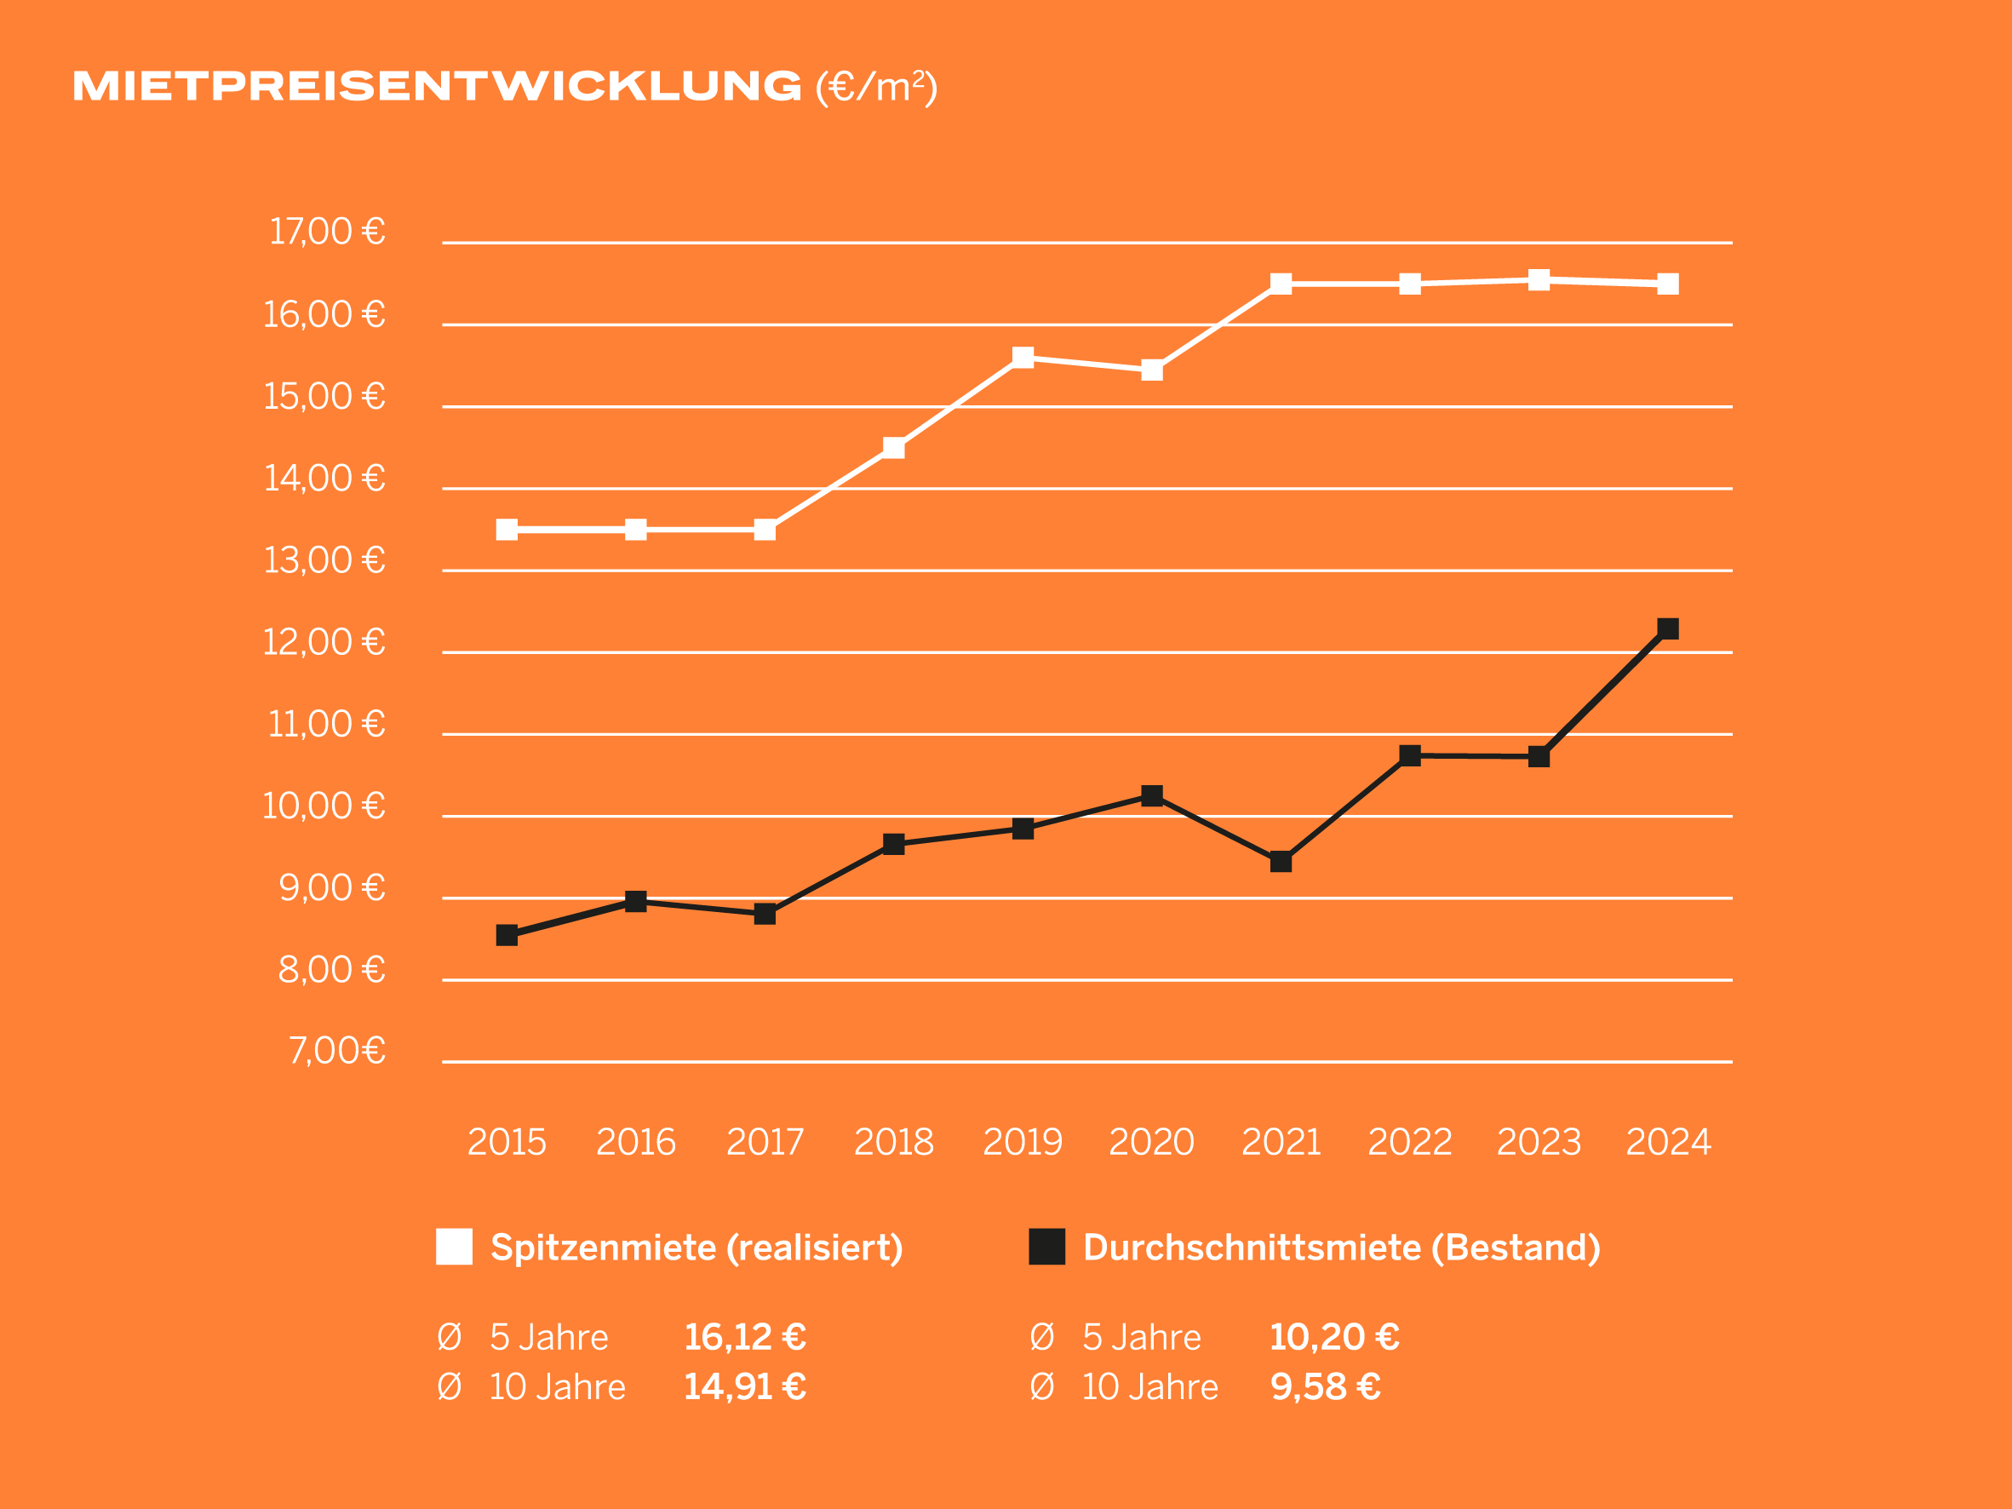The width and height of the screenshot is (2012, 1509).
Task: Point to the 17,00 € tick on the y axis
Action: tap(327, 232)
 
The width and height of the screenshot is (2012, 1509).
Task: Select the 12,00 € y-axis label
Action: tap(324, 642)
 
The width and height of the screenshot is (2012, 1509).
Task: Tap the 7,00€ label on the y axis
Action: tap(336, 1051)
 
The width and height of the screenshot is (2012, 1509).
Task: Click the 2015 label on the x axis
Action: tap(507, 1143)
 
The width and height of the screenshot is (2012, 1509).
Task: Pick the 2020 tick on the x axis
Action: tap(1151, 1143)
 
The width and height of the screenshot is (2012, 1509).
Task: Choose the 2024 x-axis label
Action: tap(1668, 1143)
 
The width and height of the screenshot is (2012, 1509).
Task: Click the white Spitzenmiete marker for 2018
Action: tap(894, 448)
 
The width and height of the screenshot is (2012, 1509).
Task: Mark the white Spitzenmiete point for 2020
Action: tap(1151, 370)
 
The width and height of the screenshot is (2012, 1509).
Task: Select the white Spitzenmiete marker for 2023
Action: tap(1539, 280)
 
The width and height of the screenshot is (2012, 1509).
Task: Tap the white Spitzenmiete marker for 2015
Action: tap(507, 530)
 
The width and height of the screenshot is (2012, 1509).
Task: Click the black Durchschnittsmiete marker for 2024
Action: tap(1668, 628)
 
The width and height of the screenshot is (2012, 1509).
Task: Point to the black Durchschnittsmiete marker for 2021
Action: tap(1281, 862)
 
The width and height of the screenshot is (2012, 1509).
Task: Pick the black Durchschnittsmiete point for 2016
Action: tap(636, 902)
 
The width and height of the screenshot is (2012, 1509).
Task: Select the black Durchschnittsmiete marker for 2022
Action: tap(1410, 755)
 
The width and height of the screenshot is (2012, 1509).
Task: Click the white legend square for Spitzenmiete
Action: tap(454, 1247)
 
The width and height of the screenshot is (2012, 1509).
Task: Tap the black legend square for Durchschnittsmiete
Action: tap(1047, 1247)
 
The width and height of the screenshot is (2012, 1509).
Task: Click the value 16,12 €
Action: tap(745, 1337)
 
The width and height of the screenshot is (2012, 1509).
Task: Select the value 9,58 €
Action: tap(1325, 1387)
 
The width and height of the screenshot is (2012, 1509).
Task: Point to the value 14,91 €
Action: tap(745, 1387)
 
